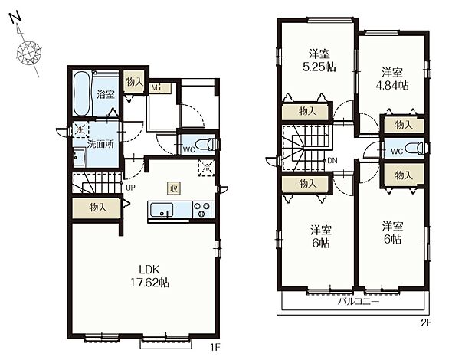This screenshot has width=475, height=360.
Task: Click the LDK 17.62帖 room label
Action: [x=149, y=276]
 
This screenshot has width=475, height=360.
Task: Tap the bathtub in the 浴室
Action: [x=82, y=93]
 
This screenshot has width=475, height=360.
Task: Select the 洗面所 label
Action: [x=100, y=144]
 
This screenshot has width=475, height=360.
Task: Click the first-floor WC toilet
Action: [x=207, y=145]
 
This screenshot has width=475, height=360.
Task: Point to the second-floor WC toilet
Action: [x=417, y=148]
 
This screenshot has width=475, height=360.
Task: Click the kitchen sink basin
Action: [x=162, y=210]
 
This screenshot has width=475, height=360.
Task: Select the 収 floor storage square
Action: [x=174, y=189]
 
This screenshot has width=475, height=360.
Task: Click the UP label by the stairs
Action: [x=130, y=188]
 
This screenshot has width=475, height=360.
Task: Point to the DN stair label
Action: [x=332, y=161]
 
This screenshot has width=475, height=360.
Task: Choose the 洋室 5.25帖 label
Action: [x=319, y=61]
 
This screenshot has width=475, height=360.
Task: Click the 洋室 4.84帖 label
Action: [x=392, y=79]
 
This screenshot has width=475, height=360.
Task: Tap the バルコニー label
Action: [x=359, y=302]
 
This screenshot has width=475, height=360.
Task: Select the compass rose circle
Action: [x=29, y=52]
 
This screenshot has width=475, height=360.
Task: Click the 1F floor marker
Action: [x=215, y=348]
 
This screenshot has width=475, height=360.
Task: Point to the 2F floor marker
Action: [x=426, y=322]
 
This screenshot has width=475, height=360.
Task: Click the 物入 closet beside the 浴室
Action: [x=135, y=81]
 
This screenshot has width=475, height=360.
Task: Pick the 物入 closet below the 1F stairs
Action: [x=97, y=208]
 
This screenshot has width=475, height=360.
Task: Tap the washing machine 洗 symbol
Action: [x=80, y=129]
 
